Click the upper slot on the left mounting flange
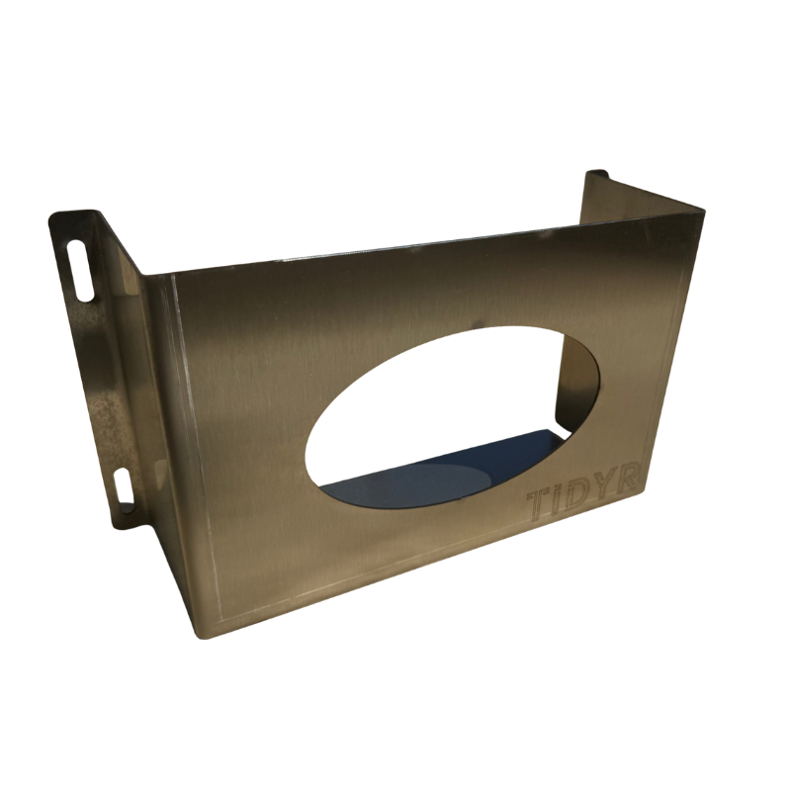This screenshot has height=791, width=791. tap(80, 270)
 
